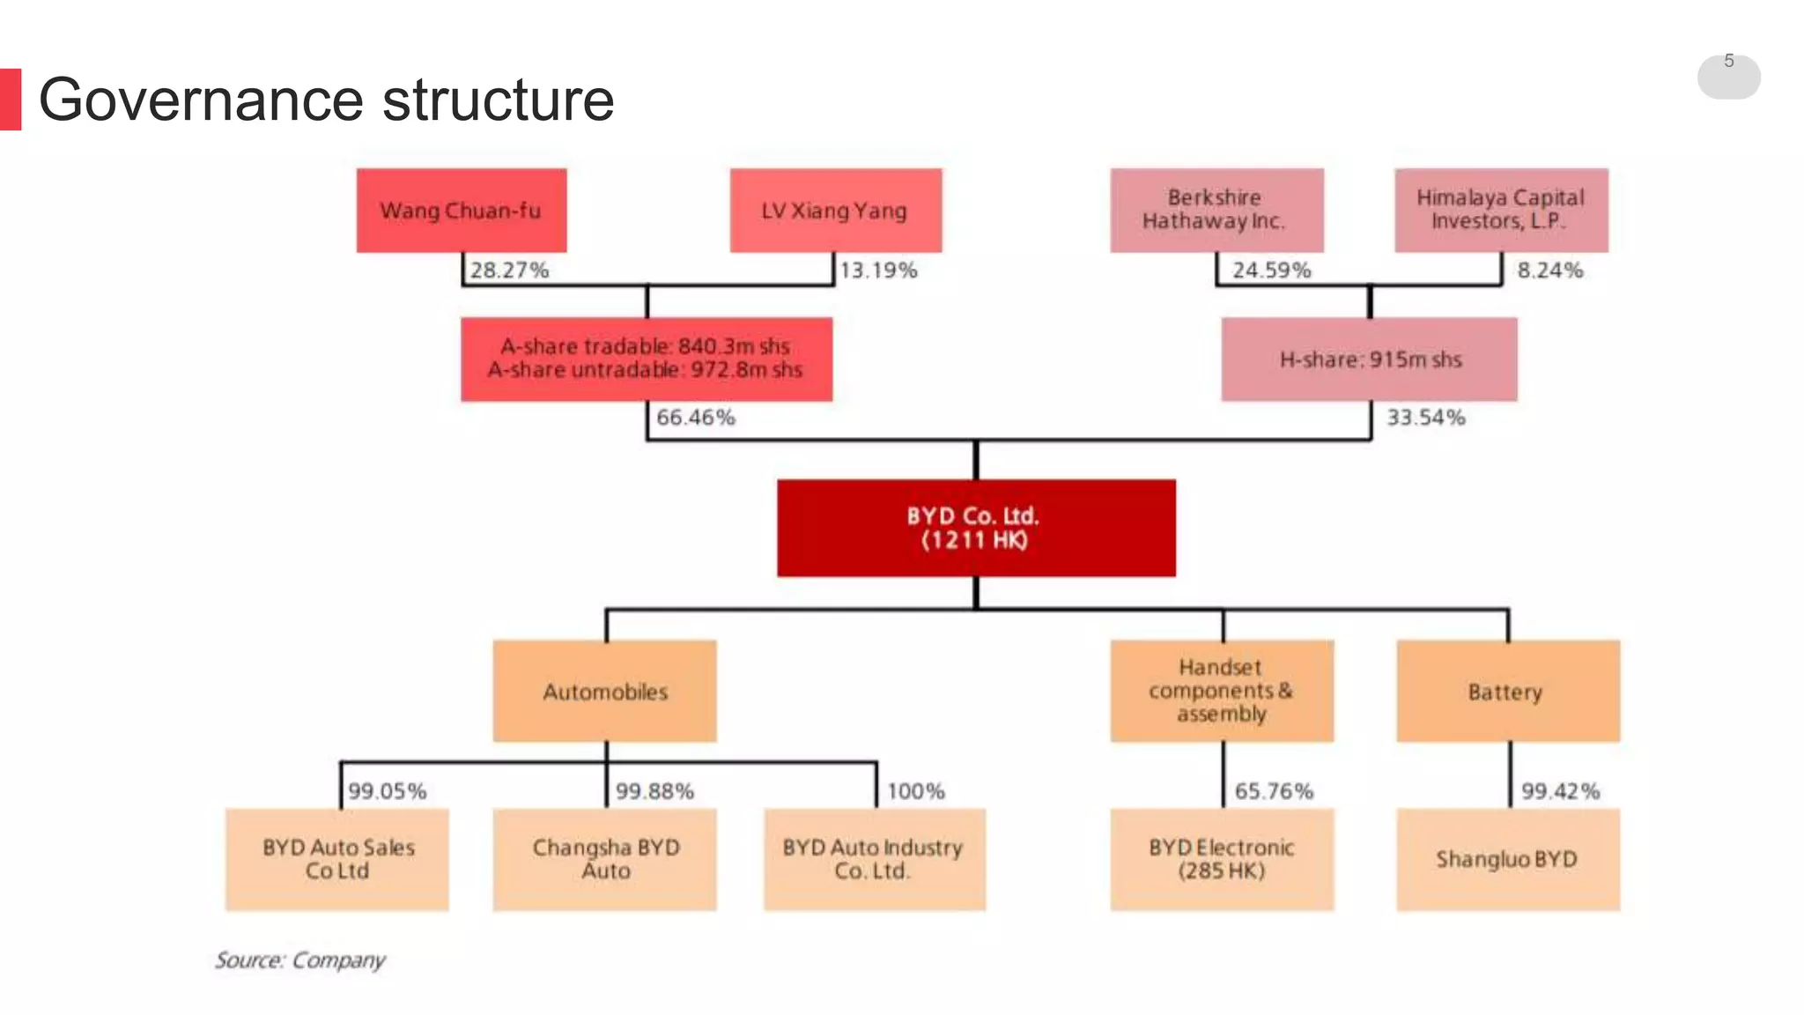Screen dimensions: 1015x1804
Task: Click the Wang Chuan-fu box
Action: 462,211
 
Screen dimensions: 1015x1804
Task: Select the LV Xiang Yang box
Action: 835,211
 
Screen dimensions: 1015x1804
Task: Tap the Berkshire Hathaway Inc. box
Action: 1216,210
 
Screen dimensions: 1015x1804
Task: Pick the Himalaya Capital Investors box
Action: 1500,210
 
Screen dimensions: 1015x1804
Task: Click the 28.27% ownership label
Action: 509,270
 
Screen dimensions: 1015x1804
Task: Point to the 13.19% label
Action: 878,270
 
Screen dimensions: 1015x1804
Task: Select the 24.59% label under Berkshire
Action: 1271,270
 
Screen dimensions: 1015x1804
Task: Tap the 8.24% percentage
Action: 1549,270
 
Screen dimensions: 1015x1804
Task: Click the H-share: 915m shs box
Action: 1369,359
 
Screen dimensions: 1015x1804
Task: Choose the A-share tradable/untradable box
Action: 646,359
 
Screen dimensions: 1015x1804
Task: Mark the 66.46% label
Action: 695,418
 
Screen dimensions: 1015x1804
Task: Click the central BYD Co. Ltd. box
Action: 975,528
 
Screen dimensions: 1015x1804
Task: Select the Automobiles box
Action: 604,692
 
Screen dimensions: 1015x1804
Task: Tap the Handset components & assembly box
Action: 1221,691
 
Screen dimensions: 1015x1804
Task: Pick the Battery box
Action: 1507,692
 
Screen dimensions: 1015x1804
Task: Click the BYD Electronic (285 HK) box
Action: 1221,859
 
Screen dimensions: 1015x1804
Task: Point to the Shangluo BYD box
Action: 1507,859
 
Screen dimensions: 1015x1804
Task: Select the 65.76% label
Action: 1274,791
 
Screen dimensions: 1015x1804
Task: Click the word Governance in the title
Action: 201,100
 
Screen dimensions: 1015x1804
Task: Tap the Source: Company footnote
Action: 300,959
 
